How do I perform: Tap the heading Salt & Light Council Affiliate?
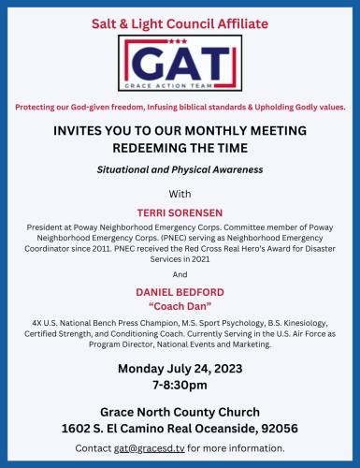[x=180, y=22]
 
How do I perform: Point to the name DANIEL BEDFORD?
[x=180, y=293]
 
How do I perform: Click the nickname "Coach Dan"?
[x=180, y=306]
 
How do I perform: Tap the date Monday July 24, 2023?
[x=180, y=367]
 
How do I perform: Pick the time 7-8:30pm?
[x=180, y=384]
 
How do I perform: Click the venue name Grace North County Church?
[x=180, y=411]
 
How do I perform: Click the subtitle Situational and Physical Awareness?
[x=180, y=169]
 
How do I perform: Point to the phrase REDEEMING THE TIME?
[x=180, y=148]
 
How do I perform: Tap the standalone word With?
[x=180, y=194]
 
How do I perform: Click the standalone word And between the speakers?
[x=180, y=274]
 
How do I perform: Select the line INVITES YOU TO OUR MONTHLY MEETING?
[x=180, y=132]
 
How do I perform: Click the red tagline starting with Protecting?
[x=180, y=107]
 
